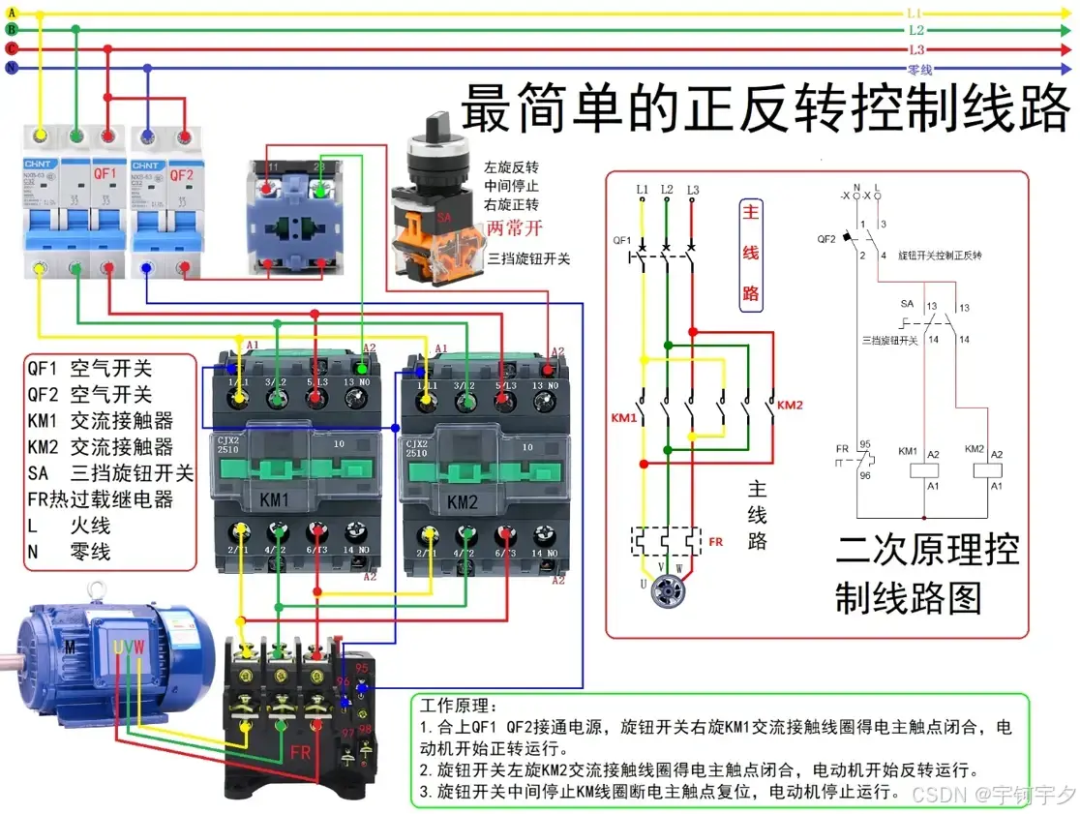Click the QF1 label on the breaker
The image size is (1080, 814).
point(105,174)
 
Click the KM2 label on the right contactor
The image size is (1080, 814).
point(462,501)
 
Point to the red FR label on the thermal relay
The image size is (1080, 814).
point(300,752)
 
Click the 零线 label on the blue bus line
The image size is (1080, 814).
point(918,69)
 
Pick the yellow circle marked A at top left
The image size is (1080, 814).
point(12,12)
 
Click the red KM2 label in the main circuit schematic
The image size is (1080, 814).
point(790,405)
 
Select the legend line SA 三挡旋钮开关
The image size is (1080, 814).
point(110,473)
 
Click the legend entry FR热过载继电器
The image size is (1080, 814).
point(101,499)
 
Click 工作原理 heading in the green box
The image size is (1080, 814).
point(460,706)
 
